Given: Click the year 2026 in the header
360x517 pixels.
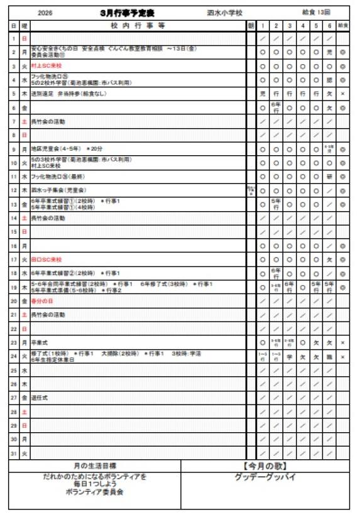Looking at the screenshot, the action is (x=45, y=13).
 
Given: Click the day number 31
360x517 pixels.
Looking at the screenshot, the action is (x=14, y=452).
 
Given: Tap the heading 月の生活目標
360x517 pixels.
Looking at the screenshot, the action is (x=94, y=465).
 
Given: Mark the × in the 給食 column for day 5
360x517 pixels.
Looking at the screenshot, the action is (x=343, y=94).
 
